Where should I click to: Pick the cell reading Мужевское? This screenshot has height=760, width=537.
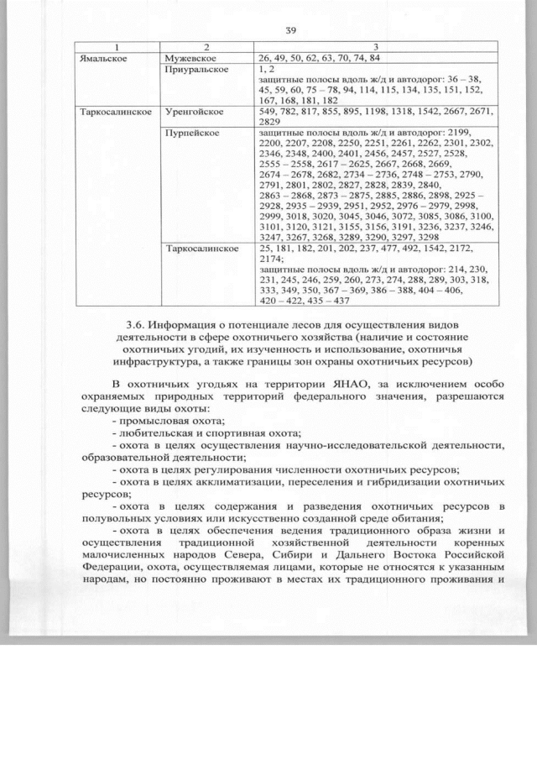pyautogui.click(x=191, y=58)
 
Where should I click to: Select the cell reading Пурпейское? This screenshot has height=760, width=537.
pyautogui.click(x=193, y=133)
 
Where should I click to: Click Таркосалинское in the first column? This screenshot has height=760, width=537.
pyautogui.click(x=115, y=112)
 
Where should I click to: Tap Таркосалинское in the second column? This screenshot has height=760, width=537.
pyautogui.click(x=203, y=249)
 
